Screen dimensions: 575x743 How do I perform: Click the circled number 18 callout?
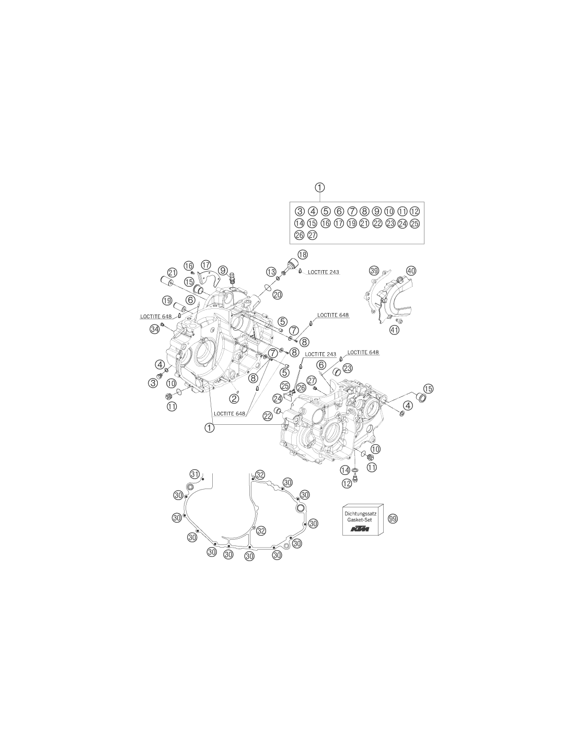point(302,254)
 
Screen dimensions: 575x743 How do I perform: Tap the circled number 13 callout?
point(271,272)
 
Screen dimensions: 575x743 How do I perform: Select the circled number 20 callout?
point(278,294)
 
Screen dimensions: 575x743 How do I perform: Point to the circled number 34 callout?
point(155,329)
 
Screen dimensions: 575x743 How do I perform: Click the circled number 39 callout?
point(374,271)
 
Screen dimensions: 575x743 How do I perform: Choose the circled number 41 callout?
point(395,330)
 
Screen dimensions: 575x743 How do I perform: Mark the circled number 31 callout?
point(194,474)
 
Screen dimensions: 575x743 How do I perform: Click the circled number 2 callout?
point(234,398)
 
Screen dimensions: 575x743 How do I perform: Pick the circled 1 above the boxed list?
point(320,188)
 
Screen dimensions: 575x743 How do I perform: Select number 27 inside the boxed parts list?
point(312,235)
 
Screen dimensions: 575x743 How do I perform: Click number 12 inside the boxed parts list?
point(415,211)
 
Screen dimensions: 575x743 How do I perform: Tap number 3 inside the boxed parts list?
point(300,211)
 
